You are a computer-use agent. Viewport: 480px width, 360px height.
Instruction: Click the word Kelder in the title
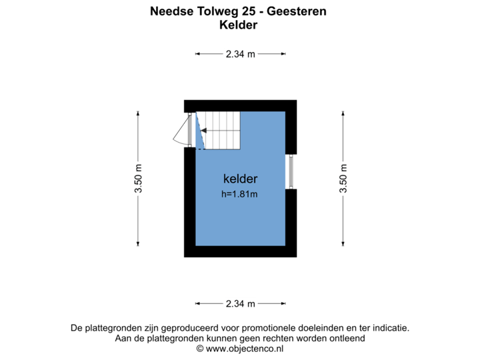238,25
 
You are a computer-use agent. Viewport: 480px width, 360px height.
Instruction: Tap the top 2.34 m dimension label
240,55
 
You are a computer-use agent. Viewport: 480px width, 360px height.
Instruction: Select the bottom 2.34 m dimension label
240,304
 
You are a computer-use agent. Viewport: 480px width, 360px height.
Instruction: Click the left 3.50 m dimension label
139,178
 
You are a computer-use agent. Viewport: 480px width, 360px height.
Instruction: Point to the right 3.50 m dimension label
343,178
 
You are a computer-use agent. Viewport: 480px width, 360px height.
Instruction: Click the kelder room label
240,179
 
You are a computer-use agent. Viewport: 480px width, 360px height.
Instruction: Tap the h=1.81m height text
239,195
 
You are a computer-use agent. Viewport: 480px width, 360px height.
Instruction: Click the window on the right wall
291,171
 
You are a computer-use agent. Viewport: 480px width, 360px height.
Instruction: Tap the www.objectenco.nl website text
245,347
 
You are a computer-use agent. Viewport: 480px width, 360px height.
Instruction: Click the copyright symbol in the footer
199,348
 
